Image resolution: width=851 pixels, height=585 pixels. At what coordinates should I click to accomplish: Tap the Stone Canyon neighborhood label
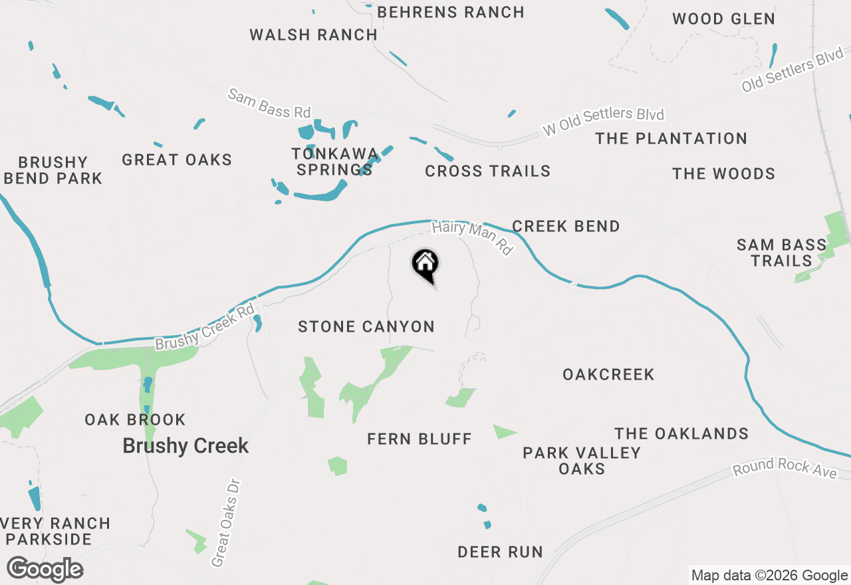[366, 326]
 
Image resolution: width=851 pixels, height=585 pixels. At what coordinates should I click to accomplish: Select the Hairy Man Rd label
[473, 237]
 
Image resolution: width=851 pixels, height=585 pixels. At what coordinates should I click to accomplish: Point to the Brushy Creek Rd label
[205, 327]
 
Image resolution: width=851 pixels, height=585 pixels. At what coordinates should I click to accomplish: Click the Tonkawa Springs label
[334, 162]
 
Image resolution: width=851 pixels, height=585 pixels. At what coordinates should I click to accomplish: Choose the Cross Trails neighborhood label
[487, 172]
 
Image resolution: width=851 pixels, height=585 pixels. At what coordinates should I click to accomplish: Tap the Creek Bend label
[566, 226]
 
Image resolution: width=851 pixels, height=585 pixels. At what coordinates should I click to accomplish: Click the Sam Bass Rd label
[269, 103]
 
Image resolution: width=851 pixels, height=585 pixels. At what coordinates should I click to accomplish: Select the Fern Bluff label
[419, 439]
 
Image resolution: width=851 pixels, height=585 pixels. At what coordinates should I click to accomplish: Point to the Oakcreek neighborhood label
[608, 374]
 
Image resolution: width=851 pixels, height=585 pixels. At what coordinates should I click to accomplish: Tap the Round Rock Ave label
[785, 468]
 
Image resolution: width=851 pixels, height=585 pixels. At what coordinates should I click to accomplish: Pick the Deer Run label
[500, 552]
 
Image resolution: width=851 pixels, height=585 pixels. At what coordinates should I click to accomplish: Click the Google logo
[45, 570]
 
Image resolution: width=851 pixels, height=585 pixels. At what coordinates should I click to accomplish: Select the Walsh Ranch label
[313, 35]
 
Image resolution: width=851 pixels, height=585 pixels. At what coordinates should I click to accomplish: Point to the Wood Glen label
[723, 19]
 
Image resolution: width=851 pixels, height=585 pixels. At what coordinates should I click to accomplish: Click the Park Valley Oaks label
[581, 461]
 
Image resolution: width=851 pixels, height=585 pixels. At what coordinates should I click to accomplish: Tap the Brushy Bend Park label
[53, 170]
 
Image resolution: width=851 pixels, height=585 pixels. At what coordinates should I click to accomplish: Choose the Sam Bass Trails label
[781, 253]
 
